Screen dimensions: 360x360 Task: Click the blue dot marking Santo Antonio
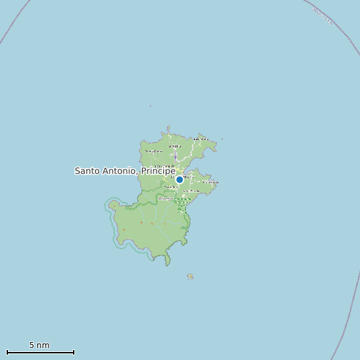point(179,179)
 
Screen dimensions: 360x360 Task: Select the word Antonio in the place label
point(122,171)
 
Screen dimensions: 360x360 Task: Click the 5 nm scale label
point(39,345)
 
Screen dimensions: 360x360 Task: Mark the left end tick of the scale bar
point(7,352)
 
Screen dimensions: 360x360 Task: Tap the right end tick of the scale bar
point(74,352)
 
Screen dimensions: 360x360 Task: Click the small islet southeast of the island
point(190,276)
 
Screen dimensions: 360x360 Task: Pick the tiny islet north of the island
point(151,106)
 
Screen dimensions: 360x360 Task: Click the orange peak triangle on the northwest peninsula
point(114,207)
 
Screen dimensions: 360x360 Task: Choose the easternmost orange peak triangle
point(164,224)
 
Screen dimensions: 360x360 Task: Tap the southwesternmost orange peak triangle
point(124,230)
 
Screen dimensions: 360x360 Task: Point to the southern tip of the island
point(167,264)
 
